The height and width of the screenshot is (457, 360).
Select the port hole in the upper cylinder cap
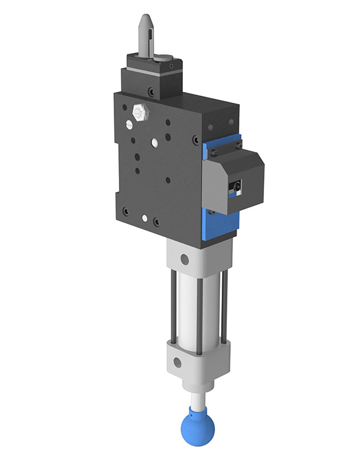(184, 259)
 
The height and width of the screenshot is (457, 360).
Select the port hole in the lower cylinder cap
(178, 362)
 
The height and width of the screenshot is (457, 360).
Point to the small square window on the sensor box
(236, 186)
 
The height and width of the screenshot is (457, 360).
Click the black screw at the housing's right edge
(196, 139)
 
